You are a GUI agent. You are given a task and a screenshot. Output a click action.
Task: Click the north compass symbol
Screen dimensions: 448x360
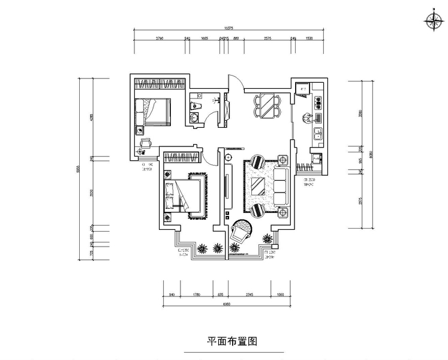click(x=432, y=22)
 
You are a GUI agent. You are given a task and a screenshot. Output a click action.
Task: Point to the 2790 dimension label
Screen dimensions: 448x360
click(x=160, y=38)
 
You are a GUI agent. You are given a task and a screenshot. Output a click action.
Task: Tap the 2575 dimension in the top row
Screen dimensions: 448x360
click(x=267, y=38)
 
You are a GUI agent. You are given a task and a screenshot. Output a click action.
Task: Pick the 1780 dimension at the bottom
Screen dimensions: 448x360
click(x=197, y=295)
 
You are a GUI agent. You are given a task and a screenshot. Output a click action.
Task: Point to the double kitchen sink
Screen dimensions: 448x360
click(x=318, y=134)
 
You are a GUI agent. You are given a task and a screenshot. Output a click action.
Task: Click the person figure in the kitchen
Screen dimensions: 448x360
click(x=306, y=118)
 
